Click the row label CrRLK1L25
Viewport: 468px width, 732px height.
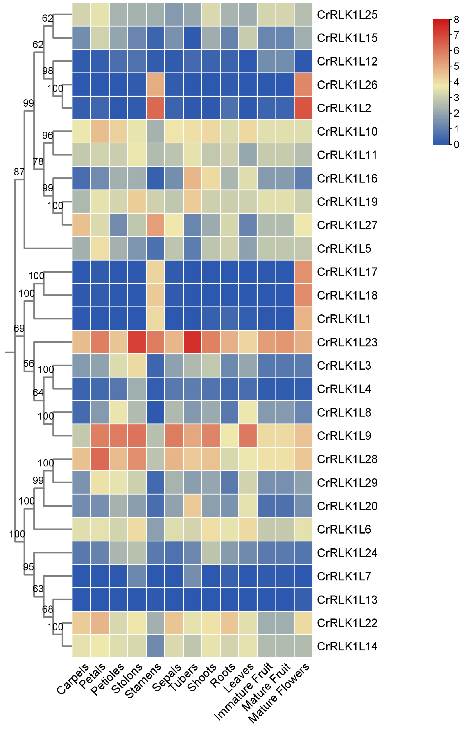coord(347,15)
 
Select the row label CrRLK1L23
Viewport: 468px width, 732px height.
coord(347,342)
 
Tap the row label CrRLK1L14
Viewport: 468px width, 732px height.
coord(347,646)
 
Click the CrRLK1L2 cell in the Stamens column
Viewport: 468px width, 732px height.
coord(155,108)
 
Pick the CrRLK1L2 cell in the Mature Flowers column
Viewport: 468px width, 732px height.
coord(303,108)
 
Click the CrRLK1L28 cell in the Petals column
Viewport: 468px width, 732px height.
coord(100,459)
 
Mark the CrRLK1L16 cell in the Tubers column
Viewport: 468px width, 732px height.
coord(192,178)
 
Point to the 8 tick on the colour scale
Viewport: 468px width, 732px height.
coord(456,20)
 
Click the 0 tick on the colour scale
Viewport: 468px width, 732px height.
coord(456,144)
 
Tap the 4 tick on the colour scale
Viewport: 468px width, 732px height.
coord(456,82)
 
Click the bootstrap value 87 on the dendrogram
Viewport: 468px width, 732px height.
coord(19,172)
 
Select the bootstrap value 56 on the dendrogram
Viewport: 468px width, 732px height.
coord(29,363)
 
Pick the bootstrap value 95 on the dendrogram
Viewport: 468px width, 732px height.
coord(29,567)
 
